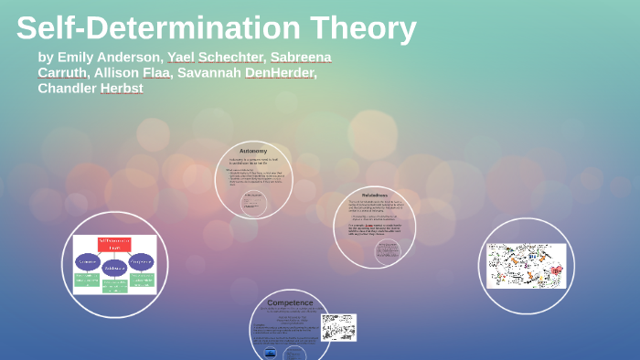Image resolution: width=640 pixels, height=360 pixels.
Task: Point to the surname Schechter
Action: coord(232,57)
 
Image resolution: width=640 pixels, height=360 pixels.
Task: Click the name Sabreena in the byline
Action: coord(301,57)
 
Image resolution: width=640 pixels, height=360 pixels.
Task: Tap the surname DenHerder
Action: coord(279,72)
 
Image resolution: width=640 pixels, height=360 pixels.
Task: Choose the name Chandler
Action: coord(67,89)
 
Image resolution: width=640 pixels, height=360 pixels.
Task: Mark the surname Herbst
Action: coord(122,89)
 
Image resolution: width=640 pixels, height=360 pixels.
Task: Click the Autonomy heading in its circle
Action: coord(253,151)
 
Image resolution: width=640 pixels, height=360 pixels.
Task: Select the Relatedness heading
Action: coord(375,196)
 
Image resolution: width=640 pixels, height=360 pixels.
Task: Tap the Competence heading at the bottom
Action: coord(290,302)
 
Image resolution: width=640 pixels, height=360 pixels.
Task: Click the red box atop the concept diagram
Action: coord(114,244)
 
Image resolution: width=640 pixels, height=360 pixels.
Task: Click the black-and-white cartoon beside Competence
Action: coord(338,327)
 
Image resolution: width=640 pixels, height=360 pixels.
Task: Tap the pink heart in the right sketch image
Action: coord(556,270)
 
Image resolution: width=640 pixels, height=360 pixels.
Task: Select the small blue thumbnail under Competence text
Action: coord(271,353)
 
